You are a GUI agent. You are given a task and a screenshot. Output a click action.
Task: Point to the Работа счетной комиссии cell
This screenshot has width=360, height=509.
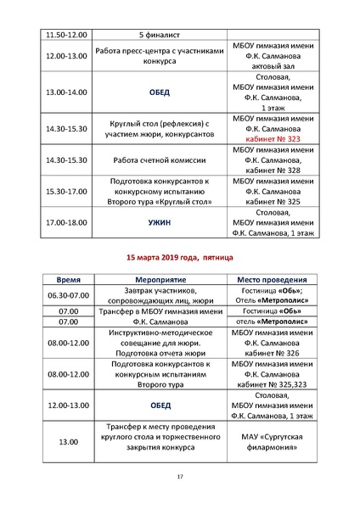pos(159,159)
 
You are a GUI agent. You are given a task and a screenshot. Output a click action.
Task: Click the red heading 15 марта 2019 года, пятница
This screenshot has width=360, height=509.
pos(180,256)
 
